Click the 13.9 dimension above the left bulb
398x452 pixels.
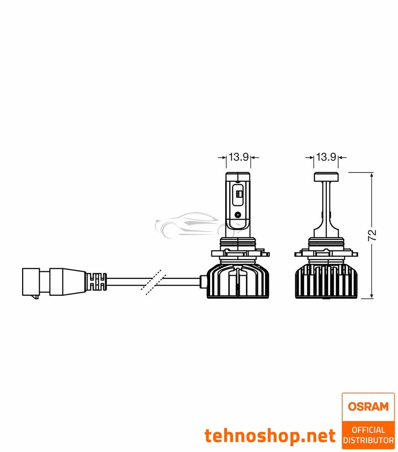click(x=238, y=157)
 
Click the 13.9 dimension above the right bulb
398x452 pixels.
click(x=326, y=157)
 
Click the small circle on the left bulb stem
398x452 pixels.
click(x=238, y=215)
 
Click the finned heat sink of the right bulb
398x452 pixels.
click(x=326, y=281)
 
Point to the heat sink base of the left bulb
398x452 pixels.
click(x=238, y=282)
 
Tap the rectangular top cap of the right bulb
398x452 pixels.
click(x=326, y=176)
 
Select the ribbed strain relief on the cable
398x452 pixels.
click(x=98, y=281)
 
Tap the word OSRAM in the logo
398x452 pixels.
click(x=368, y=406)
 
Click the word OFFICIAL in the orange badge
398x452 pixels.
click(x=368, y=429)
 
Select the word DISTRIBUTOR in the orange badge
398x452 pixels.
click(x=368, y=440)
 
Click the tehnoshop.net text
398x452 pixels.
click(x=270, y=436)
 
